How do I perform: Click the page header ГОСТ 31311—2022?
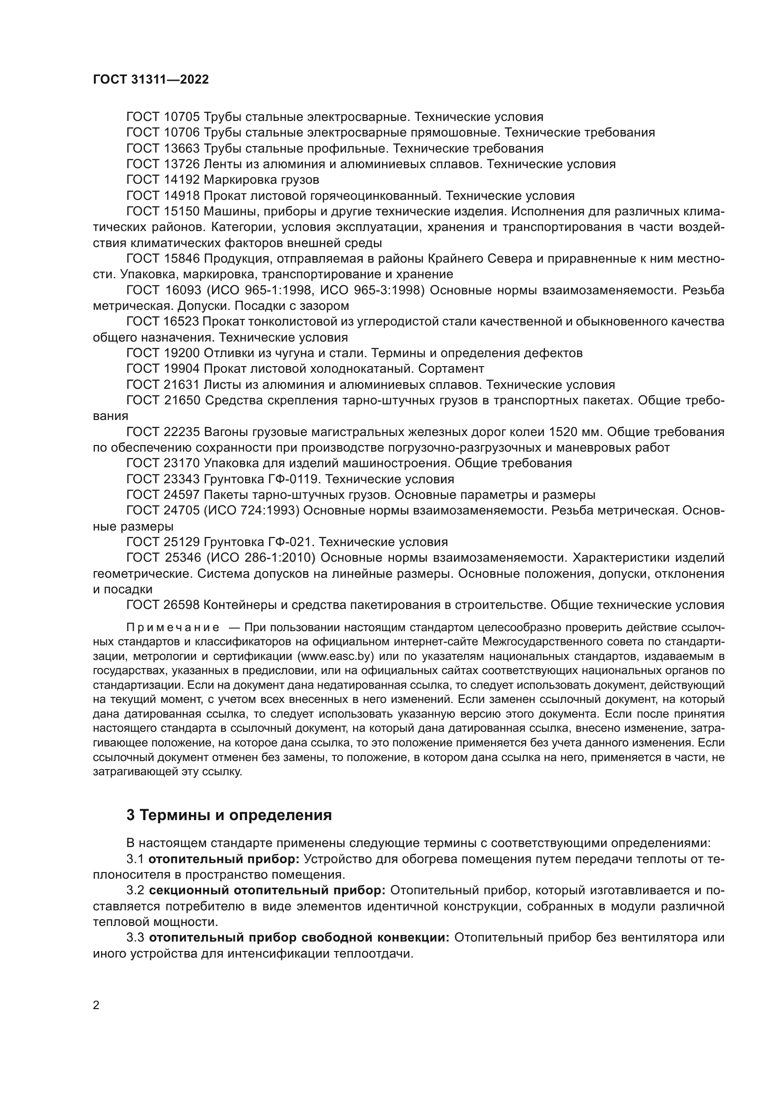tap(151, 80)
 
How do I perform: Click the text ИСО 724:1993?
tap(253, 511)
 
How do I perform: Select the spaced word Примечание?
tap(173, 628)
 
